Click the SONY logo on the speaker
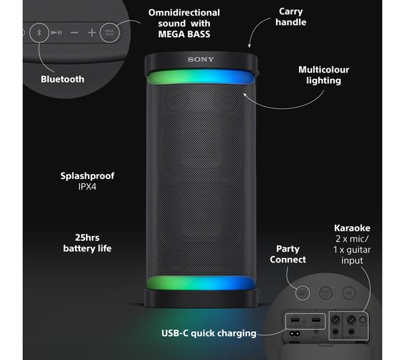200,60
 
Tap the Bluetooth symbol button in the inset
39,31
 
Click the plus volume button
92,32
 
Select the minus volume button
74,32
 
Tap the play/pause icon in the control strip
57,32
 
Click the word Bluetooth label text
62,79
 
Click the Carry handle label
292,17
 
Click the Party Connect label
288,254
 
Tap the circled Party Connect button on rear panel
304,292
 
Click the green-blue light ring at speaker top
200,76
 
